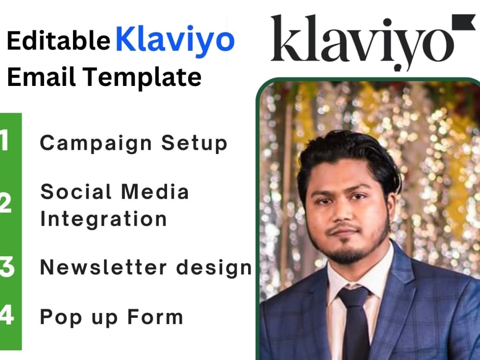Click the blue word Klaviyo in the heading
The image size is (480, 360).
(175, 40)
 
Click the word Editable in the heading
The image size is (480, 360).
(58, 42)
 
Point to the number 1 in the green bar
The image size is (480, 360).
(5, 142)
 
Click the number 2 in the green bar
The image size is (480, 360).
(6, 204)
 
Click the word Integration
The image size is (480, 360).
(103, 218)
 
